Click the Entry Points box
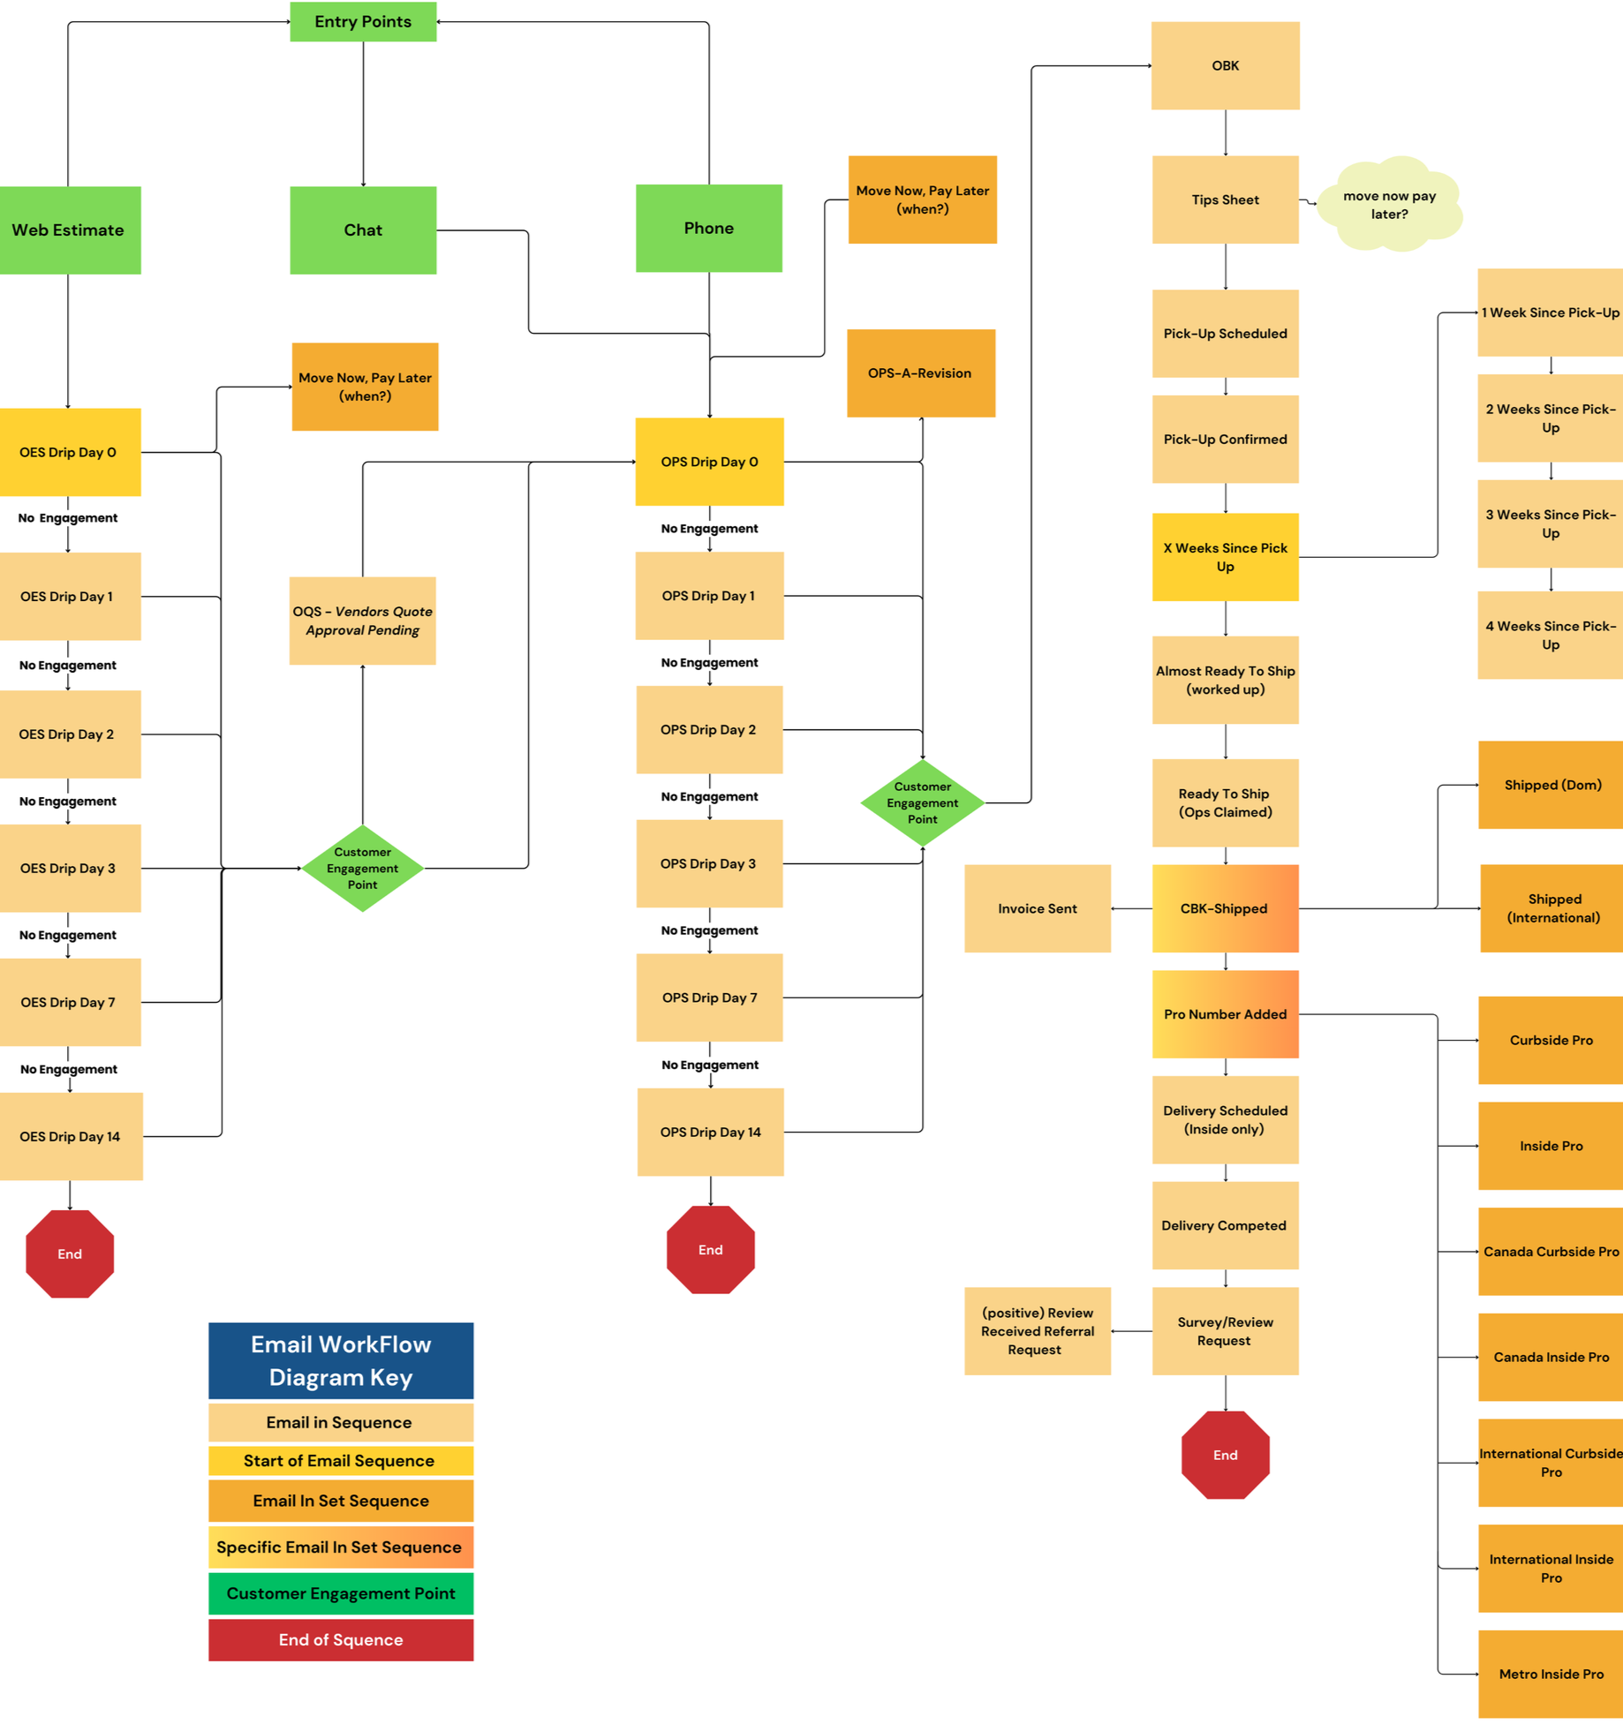point(363,21)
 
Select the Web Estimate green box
point(69,230)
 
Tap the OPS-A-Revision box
point(920,373)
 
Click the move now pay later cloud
point(1388,205)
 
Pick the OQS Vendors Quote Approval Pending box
point(362,620)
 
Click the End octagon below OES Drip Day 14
point(70,1253)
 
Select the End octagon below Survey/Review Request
point(1225,1454)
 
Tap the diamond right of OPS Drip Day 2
point(922,802)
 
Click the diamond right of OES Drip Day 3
point(362,868)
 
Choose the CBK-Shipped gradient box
point(1225,907)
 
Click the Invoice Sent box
point(1037,907)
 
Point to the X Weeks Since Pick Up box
point(1225,556)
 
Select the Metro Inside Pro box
point(1551,1673)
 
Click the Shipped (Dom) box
point(1551,784)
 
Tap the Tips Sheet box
point(1225,200)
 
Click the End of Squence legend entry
point(341,1639)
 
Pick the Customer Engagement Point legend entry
point(341,1592)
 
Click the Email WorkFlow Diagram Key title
point(341,1359)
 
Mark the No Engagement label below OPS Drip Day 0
point(709,528)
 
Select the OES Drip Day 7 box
point(69,1002)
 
